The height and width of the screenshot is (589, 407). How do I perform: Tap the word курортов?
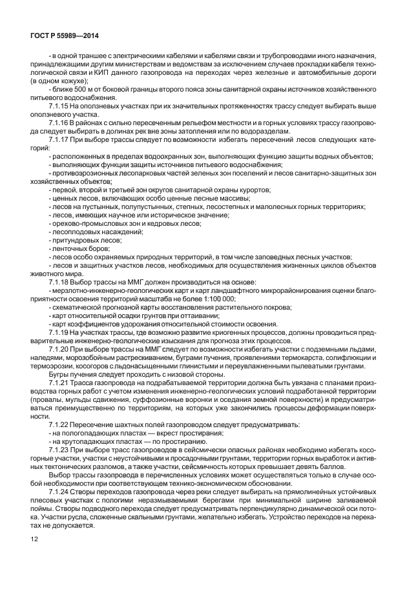255,189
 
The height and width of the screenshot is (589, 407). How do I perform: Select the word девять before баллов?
329,467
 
